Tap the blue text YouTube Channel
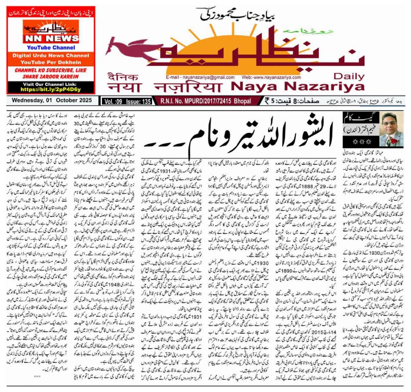point(51,48)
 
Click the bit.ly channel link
point(51,89)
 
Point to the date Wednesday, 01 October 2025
point(52,101)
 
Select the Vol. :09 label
point(114,101)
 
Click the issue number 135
point(146,101)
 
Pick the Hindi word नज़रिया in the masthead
point(188,87)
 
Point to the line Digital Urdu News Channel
point(51,56)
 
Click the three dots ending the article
point(37,376)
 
